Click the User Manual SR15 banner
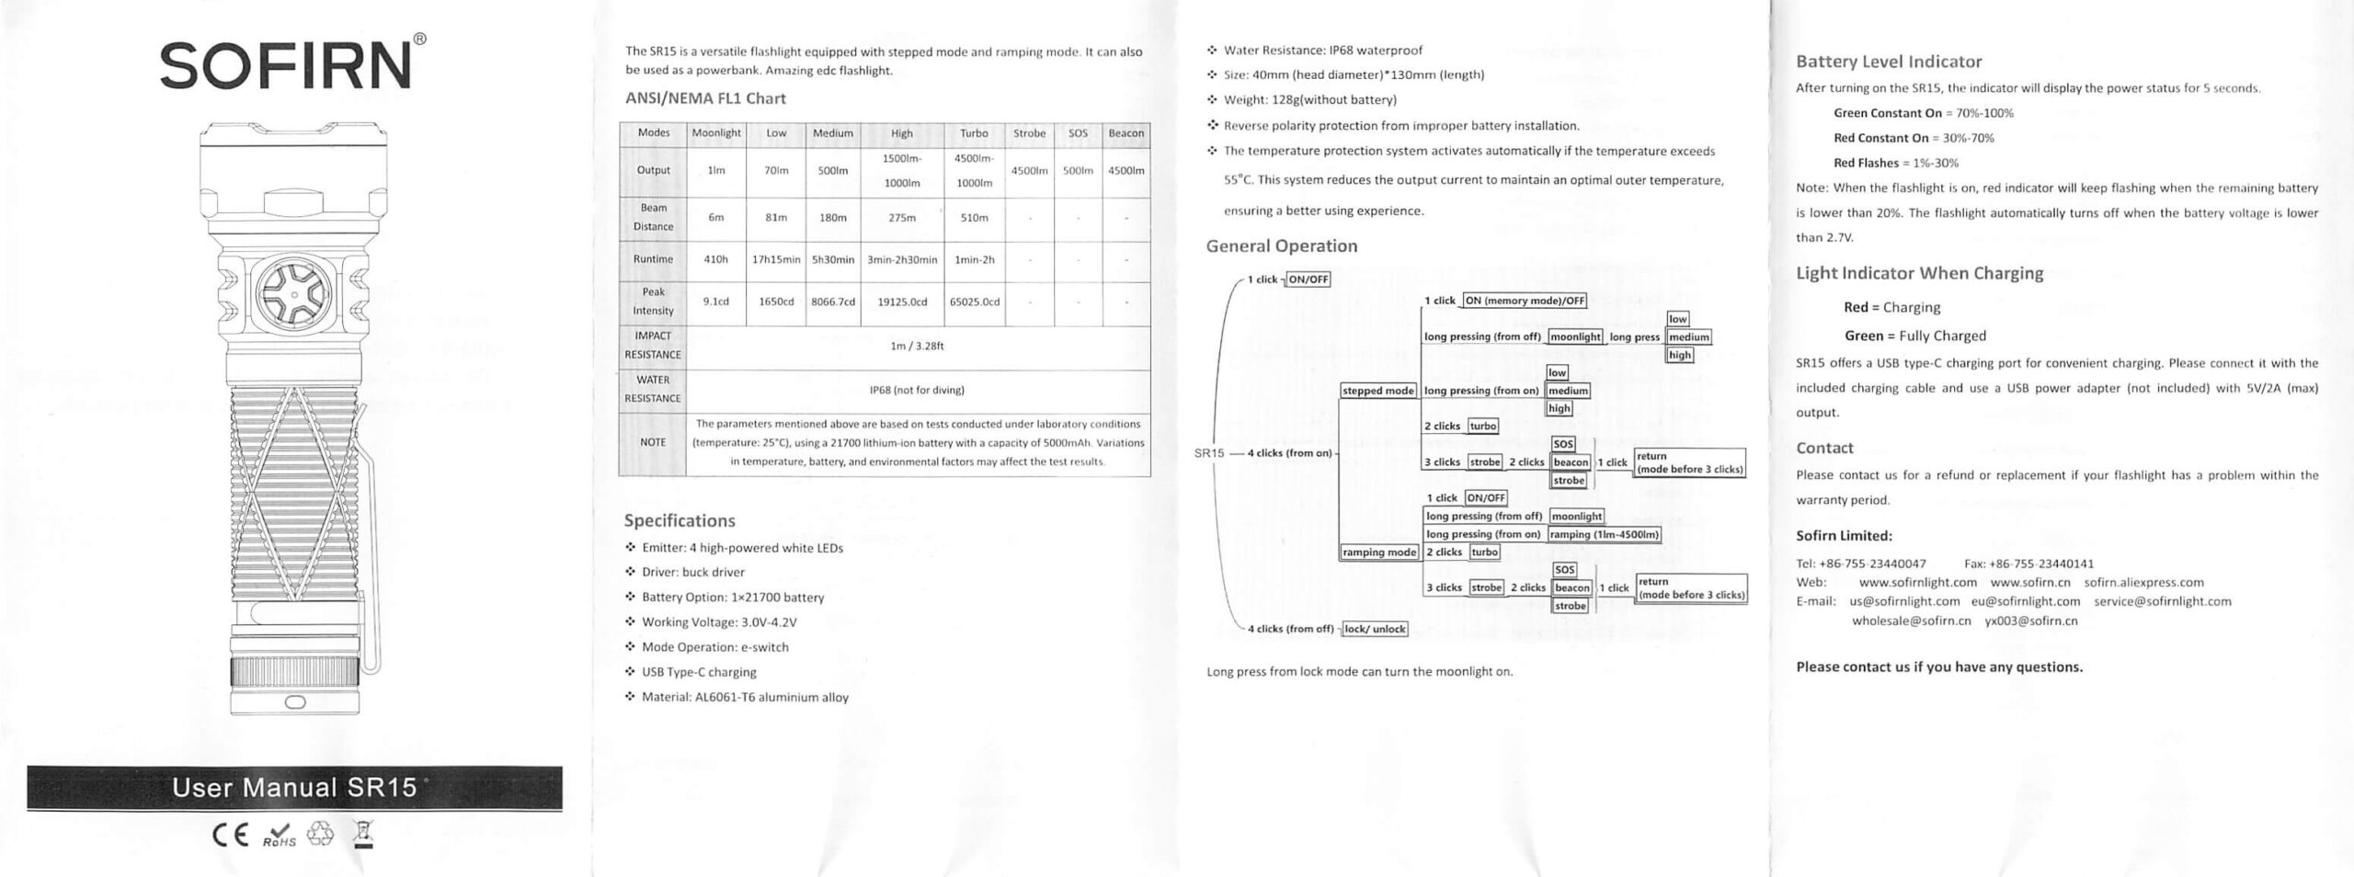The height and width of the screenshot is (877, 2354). tap(294, 788)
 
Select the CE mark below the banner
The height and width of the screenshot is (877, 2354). tap(231, 836)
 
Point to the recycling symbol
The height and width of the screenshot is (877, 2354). tap(321, 834)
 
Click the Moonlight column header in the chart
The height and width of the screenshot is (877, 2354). tap(715, 133)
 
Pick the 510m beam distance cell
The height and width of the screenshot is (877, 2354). tap(974, 218)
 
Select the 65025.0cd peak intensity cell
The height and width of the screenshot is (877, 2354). tap(974, 302)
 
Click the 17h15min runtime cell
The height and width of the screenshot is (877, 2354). tap(776, 259)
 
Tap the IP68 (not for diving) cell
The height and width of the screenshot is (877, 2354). tap(917, 390)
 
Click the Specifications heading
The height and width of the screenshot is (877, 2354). tap(680, 520)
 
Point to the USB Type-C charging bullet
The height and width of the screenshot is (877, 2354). tap(699, 672)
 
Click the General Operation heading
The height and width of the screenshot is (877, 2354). tap(1281, 245)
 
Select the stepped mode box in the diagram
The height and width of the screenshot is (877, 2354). tap(1377, 391)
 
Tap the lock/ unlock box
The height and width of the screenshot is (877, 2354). tap(1375, 629)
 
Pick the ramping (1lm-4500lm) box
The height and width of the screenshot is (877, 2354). tap(1605, 534)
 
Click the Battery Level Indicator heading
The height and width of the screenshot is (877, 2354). tap(1889, 62)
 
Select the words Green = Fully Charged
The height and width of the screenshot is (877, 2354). tap(1914, 336)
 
